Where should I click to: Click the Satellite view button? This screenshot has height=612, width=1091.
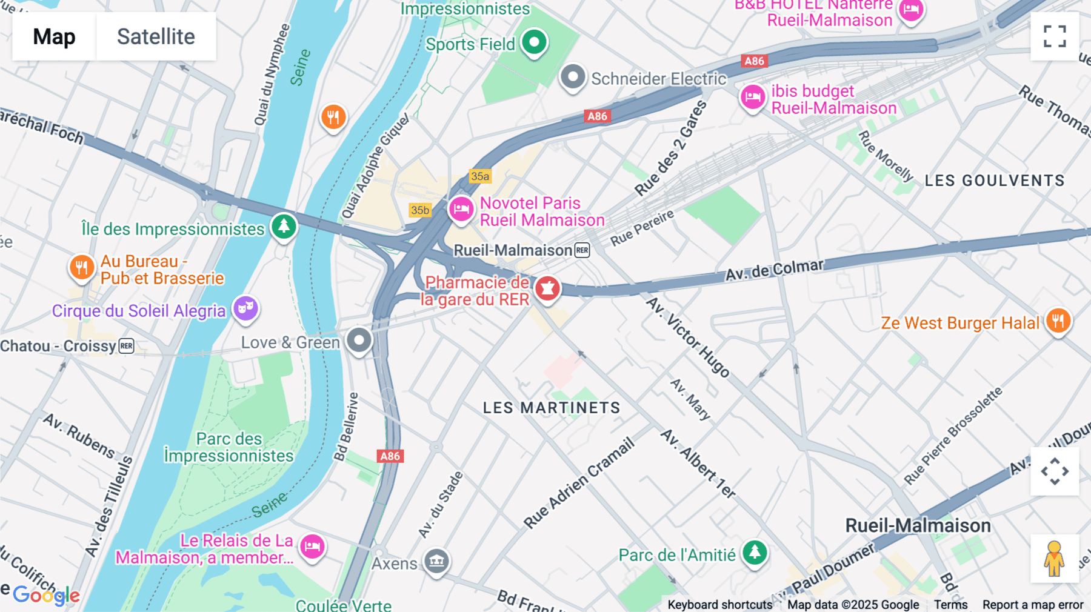click(x=156, y=36)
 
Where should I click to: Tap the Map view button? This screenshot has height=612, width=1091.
click(x=54, y=36)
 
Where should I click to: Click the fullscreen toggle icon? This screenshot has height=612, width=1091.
click(x=1055, y=36)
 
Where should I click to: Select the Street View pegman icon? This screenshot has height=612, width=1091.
click(x=1054, y=558)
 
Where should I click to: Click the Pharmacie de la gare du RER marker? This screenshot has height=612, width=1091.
click(x=547, y=288)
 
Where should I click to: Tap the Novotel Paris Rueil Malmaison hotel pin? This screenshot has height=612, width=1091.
click(x=461, y=209)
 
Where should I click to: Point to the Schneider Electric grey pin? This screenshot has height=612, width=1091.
click(x=572, y=77)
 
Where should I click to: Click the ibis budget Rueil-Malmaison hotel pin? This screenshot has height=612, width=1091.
click(x=753, y=96)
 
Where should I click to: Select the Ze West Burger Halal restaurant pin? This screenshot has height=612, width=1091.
click(x=1058, y=321)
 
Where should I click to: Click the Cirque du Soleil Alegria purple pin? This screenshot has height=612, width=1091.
click(x=245, y=308)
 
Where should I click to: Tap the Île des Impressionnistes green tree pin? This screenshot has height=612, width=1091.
click(x=284, y=226)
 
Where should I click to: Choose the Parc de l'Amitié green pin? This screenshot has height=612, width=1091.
click(x=755, y=552)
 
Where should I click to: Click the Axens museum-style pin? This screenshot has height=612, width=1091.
click(x=436, y=561)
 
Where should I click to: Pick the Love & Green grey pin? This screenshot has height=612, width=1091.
click(x=359, y=340)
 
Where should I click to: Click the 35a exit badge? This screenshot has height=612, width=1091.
click(x=480, y=176)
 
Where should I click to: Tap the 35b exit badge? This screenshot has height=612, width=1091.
click(x=420, y=210)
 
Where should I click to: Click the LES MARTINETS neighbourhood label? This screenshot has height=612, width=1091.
click(x=552, y=408)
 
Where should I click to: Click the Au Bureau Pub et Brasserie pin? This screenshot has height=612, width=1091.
click(x=81, y=267)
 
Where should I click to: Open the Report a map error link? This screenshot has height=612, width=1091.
click(x=1032, y=605)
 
